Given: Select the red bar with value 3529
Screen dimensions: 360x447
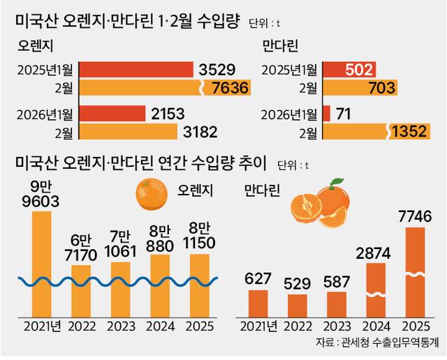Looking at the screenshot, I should [x=137, y=70].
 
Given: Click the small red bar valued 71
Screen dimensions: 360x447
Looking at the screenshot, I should [x=326, y=113].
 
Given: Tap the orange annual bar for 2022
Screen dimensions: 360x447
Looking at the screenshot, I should [x=81, y=290].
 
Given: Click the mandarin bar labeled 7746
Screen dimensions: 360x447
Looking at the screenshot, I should [x=415, y=272].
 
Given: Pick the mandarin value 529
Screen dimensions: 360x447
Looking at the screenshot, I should [x=298, y=285].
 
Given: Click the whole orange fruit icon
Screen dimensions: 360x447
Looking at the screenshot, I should [x=151, y=195].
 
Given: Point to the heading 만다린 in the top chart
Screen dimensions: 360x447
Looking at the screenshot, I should [x=280, y=47].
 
